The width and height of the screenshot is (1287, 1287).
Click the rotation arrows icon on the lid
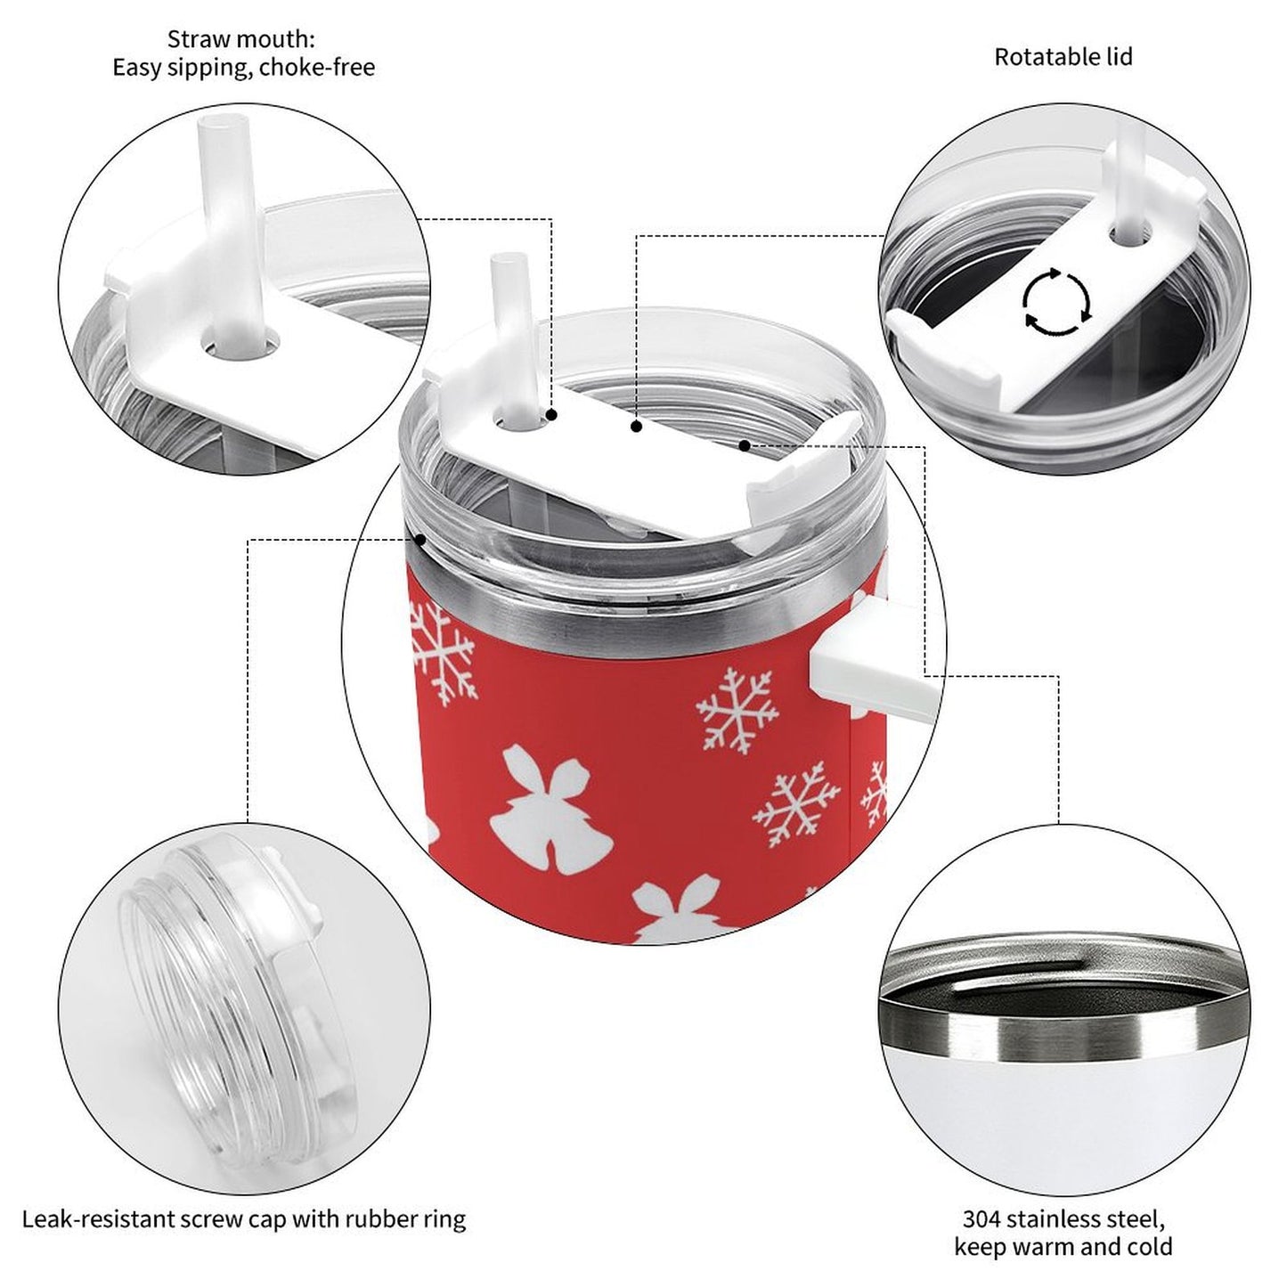(x=1057, y=302)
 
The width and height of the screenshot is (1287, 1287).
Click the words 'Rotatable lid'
(x=1063, y=57)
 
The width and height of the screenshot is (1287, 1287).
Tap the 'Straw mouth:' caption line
(x=241, y=39)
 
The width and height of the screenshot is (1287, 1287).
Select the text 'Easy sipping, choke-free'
(x=243, y=68)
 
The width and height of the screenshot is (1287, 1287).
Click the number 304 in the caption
(x=981, y=1218)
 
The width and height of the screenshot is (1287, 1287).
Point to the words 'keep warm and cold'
(x=1063, y=1247)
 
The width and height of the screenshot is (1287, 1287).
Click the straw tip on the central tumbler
(x=505, y=267)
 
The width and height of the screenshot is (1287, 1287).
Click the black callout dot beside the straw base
(x=552, y=415)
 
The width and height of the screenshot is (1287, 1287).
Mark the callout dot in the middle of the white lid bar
(x=636, y=428)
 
